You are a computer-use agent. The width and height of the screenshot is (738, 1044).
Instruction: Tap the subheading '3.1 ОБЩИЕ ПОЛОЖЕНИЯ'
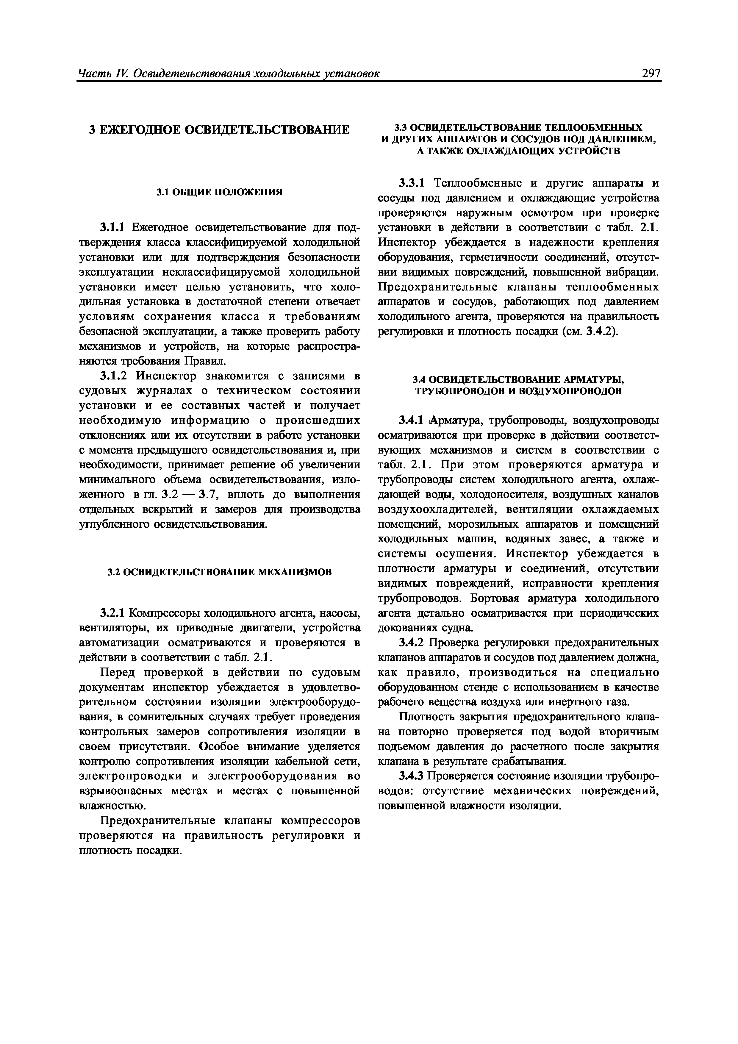[219, 192]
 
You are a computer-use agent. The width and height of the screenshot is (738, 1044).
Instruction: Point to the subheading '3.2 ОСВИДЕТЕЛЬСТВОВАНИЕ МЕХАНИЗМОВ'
[219, 572]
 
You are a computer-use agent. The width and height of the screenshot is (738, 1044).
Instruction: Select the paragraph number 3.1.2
[115, 376]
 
